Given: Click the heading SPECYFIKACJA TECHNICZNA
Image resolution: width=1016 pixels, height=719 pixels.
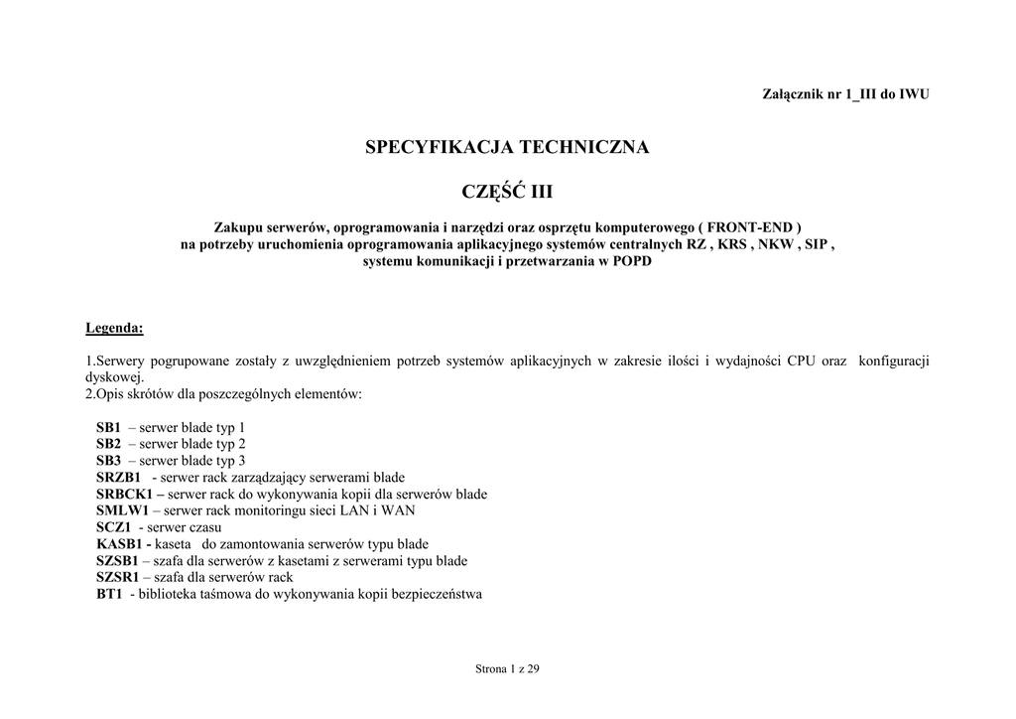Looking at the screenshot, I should coord(507,147).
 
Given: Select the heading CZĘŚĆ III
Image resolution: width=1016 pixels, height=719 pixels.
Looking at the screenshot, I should coord(507,190).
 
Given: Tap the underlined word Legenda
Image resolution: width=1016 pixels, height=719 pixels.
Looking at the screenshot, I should coord(114,327).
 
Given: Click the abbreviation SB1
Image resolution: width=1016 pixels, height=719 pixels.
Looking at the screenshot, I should coord(108,427).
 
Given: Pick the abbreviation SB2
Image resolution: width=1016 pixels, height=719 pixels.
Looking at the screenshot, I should coord(108,444).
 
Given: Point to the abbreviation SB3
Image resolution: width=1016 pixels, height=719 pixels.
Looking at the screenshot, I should coord(108,461).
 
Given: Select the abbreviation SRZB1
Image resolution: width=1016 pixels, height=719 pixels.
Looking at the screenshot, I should coord(119,478).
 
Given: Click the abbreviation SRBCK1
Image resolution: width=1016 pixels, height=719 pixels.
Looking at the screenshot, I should coord(124,495).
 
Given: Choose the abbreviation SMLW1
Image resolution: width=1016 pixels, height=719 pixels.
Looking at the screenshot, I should coord(122,510).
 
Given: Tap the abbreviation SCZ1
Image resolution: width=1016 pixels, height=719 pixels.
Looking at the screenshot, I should coord(114,527).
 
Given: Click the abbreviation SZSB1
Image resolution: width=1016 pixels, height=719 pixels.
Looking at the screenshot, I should coord(117,561).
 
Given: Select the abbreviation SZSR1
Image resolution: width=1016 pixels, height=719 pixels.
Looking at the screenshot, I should coord(117,577).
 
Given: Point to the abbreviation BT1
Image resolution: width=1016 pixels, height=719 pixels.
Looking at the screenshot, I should coord(109,594).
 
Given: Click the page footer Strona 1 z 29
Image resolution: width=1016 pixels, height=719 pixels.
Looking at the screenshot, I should coord(507,668).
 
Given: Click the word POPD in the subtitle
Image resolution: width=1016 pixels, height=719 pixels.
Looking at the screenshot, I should coord(633,261).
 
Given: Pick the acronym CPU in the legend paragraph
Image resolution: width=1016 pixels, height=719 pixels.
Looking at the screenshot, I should coord(801,360).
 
